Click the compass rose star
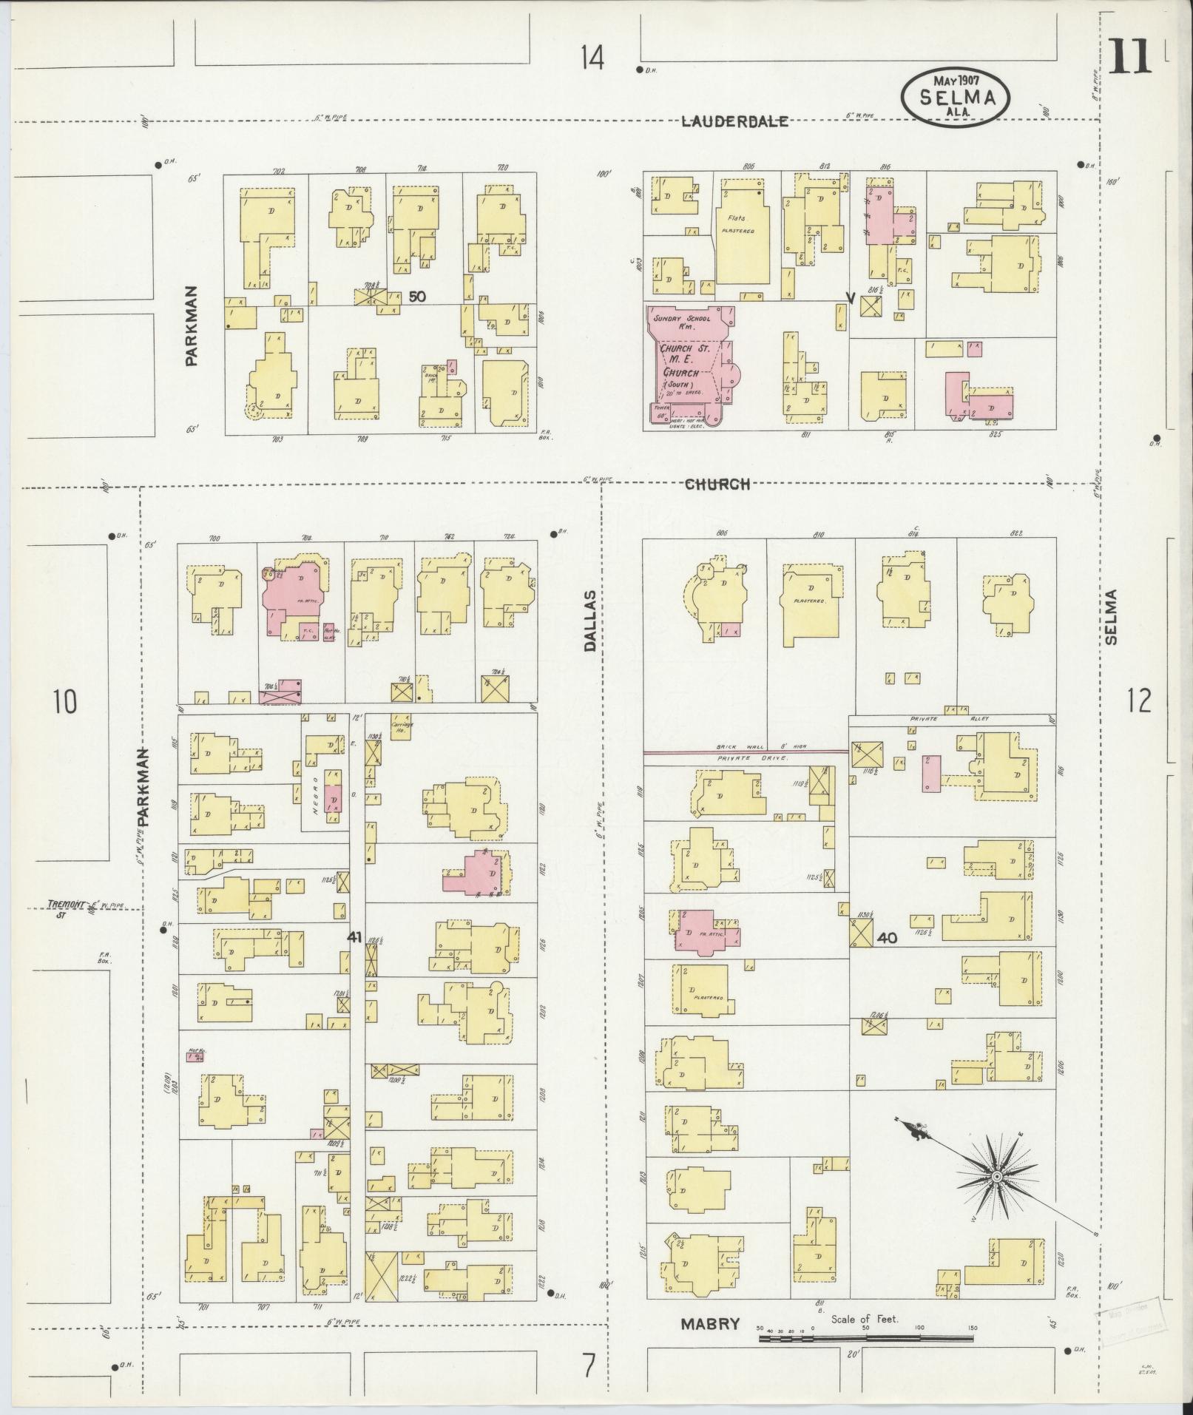point(996,1176)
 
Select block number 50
point(417,297)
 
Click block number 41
point(354,937)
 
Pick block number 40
point(887,938)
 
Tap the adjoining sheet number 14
point(592,58)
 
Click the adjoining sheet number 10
point(64,700)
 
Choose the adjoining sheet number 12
point(1140,700)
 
